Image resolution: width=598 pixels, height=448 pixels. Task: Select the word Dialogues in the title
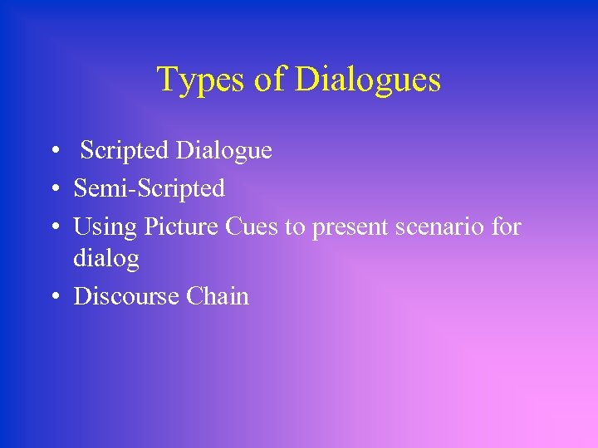point(368,80)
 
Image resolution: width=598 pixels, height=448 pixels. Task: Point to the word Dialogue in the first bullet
point(223,151)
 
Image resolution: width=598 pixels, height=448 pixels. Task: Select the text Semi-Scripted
point(149,189)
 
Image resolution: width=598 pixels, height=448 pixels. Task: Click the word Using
point(105,226)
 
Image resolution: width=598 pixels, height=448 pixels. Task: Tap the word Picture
point(181,226)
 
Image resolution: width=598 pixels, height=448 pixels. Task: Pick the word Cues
point(252,226)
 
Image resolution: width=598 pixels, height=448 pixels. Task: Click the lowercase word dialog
point(106,259)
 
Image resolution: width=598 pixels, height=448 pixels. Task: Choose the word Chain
point(218,297)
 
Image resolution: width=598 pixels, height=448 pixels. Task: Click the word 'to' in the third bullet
point(296,226)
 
